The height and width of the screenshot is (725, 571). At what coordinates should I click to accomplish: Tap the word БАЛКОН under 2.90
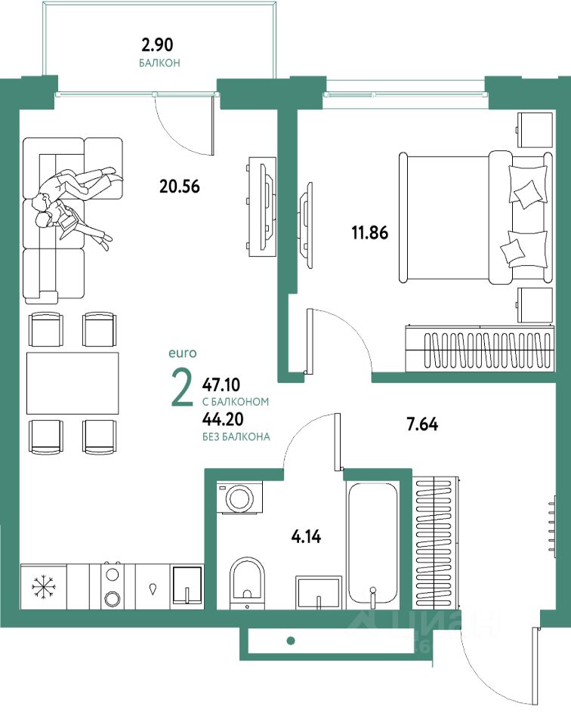pos(159,63)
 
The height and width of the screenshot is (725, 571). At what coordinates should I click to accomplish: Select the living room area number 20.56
pos(179,185)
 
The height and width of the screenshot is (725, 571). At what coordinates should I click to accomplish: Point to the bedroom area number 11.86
pos(369,233)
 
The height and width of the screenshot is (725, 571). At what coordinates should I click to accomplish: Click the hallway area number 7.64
pos(422,424)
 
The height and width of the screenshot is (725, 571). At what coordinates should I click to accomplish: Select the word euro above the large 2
pos(182,353)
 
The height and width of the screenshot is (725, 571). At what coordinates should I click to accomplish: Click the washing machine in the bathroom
pos(239,498)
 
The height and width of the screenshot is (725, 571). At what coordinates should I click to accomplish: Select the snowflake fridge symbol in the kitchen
pos(44,586)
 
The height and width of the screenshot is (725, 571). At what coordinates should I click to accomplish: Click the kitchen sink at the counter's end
pos(185,586)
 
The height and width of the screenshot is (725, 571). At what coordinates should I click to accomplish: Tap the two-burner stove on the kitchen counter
pos(112,586)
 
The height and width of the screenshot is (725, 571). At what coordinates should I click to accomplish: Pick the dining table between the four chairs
pos(73,383)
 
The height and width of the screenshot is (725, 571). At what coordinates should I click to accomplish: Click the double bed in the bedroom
pos(474,218)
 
